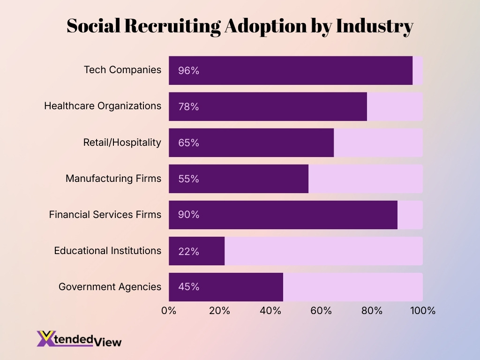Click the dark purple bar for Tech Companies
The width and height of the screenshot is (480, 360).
291,70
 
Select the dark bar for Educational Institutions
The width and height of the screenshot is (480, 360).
197,251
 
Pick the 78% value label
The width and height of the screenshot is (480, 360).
188,107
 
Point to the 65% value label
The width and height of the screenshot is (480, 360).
188,143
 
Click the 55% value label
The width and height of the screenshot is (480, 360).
188,179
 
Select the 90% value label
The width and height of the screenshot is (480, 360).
188,215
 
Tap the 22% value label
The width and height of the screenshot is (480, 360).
188,251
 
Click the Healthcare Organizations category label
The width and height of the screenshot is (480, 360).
103,106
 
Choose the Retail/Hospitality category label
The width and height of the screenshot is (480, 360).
122,142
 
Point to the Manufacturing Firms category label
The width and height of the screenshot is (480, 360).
113,179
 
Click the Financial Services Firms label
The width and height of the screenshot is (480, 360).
105,215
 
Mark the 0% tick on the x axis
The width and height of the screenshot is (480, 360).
169,311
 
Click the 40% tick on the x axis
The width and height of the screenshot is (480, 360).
270,311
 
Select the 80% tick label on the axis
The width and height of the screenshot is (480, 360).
372,311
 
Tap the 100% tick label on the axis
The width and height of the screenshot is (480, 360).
422,311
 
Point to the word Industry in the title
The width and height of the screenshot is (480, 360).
374,27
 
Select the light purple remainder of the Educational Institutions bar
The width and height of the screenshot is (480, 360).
323,251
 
